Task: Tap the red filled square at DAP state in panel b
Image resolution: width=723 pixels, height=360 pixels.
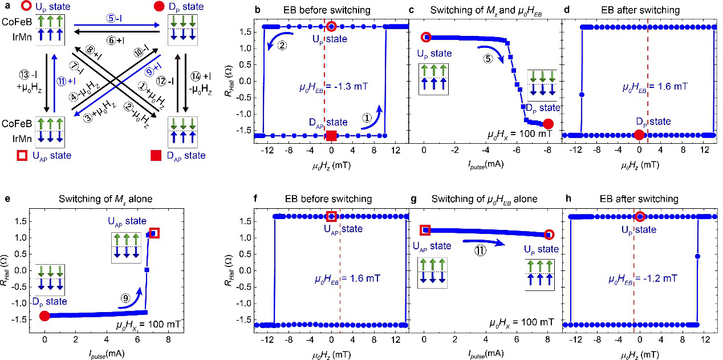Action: tap(331, 135)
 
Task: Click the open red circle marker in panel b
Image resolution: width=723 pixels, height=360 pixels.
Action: tap(332, 27)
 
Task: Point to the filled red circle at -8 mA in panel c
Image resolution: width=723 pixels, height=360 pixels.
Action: tap(549, 123)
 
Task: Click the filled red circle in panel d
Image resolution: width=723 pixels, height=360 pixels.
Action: tap(639, 135)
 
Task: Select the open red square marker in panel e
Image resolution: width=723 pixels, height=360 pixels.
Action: tap(154, 233)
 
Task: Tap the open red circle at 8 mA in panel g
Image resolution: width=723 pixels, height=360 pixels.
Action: tap(549, 234)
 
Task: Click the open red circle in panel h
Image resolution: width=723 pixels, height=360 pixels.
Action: tap(640, 216)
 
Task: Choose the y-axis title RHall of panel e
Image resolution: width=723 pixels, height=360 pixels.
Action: tap(6, 268)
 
